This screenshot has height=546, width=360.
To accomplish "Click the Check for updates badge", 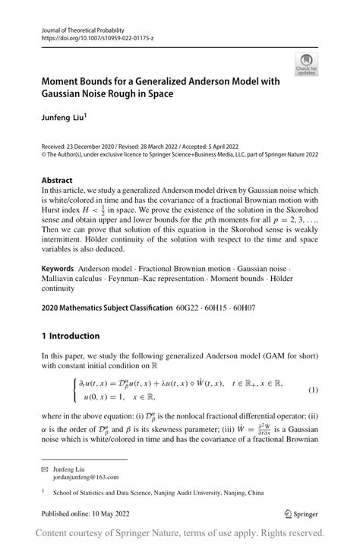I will point(307,65).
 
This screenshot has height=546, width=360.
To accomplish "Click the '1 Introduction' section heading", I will point(71,336).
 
